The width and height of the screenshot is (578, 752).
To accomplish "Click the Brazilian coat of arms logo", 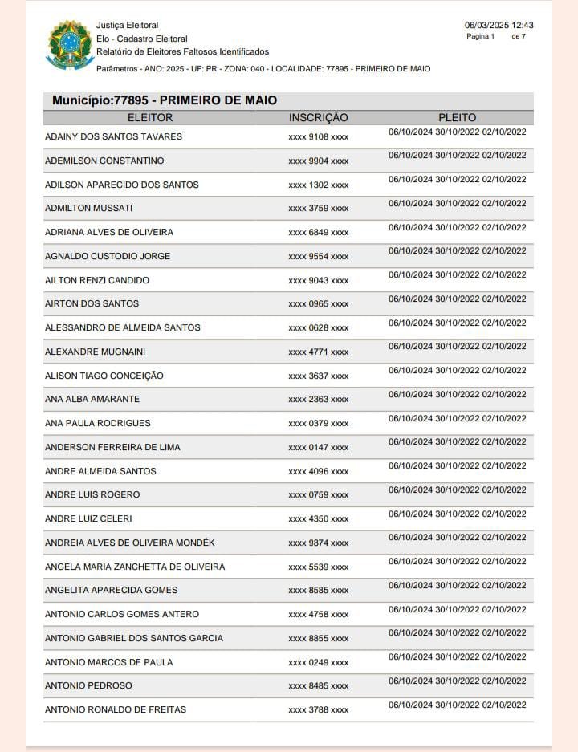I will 71,44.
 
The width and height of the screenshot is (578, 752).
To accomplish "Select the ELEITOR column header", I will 150,118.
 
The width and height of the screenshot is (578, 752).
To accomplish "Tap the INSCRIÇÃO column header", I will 318,118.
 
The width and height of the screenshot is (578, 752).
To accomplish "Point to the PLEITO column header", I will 457,118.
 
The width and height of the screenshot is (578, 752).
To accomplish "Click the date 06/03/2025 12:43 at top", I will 499,25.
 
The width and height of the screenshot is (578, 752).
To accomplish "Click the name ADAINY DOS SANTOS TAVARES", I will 113,136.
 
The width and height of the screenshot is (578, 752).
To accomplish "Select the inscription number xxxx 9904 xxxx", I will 318,161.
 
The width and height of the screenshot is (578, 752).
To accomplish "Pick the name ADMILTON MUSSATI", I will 88,209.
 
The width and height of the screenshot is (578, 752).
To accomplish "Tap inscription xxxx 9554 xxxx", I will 318,257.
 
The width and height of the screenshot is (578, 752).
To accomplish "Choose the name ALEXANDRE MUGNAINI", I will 95,352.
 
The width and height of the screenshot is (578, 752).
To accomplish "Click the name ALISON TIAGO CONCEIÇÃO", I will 104,376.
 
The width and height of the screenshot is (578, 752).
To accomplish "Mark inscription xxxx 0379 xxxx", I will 318,424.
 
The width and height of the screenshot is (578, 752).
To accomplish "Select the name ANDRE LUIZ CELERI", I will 88,518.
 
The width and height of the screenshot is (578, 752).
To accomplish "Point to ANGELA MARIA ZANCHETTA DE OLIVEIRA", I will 135,567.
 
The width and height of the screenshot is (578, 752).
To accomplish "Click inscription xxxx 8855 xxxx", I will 318,639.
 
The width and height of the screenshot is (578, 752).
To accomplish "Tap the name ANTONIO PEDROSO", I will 88,686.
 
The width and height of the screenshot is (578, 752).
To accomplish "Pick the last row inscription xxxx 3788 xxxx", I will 318,710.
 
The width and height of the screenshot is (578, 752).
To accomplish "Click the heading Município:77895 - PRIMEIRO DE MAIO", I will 165,100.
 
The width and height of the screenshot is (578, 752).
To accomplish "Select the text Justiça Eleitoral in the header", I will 127,26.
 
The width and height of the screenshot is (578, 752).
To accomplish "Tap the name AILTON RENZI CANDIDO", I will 97,280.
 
